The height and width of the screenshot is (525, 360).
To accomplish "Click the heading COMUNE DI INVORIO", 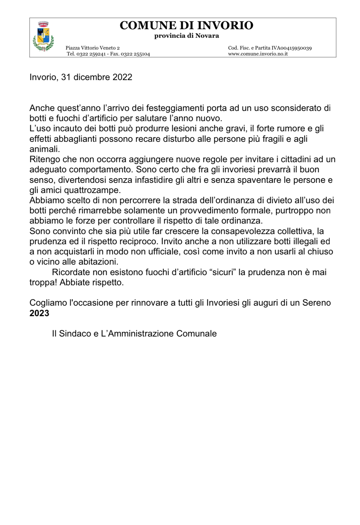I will [186, 25].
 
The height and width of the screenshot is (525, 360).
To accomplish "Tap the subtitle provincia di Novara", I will [186, 36].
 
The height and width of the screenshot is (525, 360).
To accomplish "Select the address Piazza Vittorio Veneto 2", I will [93, 48].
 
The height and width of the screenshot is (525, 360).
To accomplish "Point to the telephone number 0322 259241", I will [91, 54].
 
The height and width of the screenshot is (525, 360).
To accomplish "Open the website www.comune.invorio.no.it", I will [258, 54].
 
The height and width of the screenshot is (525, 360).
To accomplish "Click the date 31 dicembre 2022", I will [96, 77].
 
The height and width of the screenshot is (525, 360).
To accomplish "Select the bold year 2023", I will [39, 313].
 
